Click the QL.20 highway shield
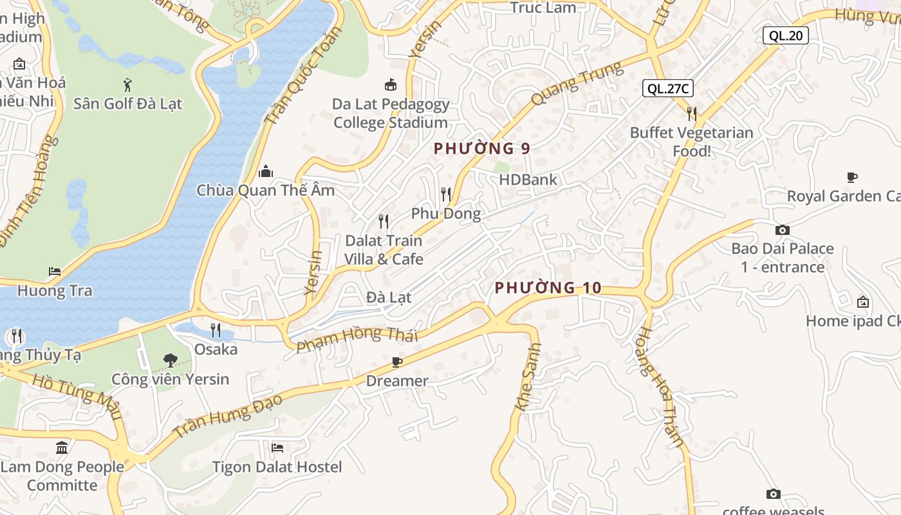(785, 35)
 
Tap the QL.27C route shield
(667, 89)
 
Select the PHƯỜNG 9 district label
(481, 149)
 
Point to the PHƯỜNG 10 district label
(548, 288)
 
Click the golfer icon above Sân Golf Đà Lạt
(127, 84)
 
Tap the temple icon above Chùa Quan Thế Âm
(265, 172)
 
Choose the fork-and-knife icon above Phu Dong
(445, 194)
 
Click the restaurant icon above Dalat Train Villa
(384, 221)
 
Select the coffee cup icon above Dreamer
(397, 362)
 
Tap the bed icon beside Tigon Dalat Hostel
(277, 447)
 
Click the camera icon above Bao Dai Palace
(782, 230)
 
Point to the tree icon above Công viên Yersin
(171, 360)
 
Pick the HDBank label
(528, 180)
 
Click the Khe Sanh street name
(528, 377)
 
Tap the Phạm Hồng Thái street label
(357, 339)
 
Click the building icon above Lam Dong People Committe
(62, 447)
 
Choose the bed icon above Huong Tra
(55, 272)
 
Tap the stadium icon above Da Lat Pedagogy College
(390, 85)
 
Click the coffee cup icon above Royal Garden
(851, 177)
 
